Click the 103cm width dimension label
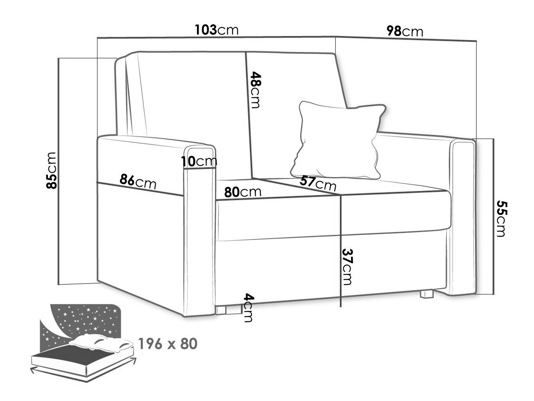[217, 30]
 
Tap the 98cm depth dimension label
[405, 32]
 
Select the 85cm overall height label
[51, 171]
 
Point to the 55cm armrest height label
[502, 218]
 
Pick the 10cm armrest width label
[199, 161]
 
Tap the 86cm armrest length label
[138, 181]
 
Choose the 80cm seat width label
[242, 192]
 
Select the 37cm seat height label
[347, 267]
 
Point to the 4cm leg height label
[249, 308]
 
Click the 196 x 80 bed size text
[168, 344]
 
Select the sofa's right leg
[427, 294]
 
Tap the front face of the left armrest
[199, 231]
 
